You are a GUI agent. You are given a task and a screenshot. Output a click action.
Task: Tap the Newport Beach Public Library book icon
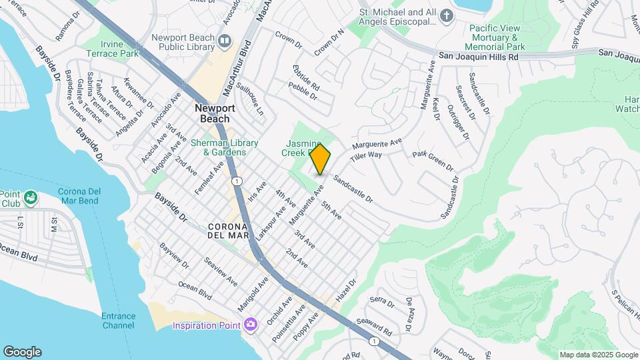[x=224, y=41]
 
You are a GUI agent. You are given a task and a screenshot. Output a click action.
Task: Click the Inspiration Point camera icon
[x=251, y=325]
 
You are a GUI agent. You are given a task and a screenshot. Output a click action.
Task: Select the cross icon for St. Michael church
[x=447, y=16]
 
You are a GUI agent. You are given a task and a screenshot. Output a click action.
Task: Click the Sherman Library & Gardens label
[x=219, y=147]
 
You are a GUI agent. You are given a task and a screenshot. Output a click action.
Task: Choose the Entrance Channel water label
[x=119, y=321]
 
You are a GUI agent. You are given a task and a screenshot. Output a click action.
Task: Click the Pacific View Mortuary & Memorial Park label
[x=497, y=37]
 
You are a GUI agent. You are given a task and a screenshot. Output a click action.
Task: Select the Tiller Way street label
[x=366, y=156]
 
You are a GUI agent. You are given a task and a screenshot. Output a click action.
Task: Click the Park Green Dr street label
[x=433, y=160]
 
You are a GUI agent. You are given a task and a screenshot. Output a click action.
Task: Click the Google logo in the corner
[x=22, y=351]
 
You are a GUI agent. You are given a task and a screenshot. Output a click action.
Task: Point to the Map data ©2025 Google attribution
[x=598, y=355]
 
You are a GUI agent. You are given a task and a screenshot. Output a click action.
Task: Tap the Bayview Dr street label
[x=175, y=257]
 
